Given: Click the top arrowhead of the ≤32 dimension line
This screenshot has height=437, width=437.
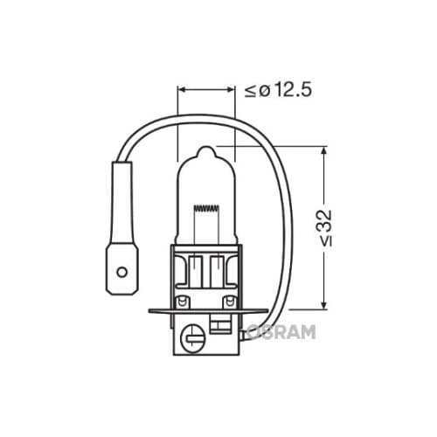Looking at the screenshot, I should pyautogui.click(x=324, y=150).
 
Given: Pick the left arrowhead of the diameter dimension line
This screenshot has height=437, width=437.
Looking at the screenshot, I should pyautogui.click(x=182, y=89).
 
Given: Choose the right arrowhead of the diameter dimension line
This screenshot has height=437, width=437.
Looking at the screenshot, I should pyautogui.click(x=232, y=89).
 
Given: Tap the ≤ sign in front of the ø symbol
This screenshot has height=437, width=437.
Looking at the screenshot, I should pyautogui.click(x=250, y=91).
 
